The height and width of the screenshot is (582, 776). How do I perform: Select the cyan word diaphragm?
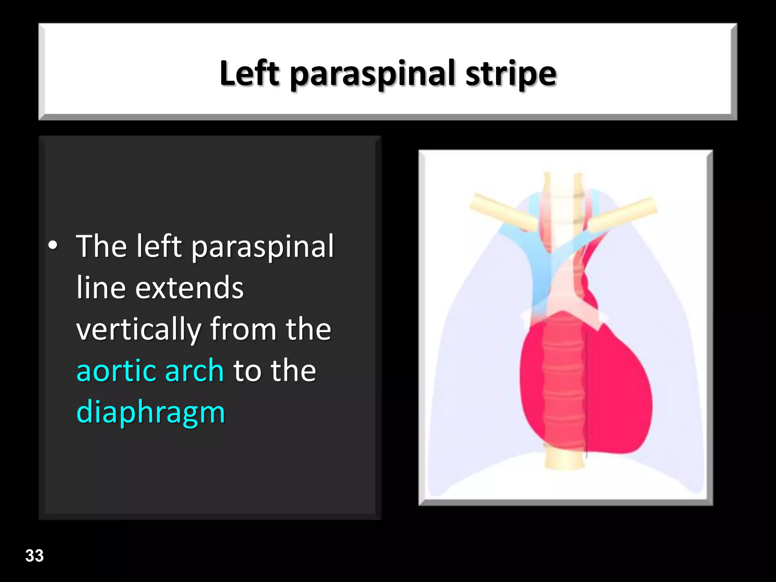(x=150, y=412)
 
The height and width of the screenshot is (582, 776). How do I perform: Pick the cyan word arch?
(x=194, y=370)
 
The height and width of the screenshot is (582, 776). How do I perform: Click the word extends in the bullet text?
(x=189, y=288)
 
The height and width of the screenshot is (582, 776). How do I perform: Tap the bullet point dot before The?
(x=53, y=246)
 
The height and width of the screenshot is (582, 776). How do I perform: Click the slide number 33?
(x=34, y=555)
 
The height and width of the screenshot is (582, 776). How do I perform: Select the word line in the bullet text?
(x=101, y=288)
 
